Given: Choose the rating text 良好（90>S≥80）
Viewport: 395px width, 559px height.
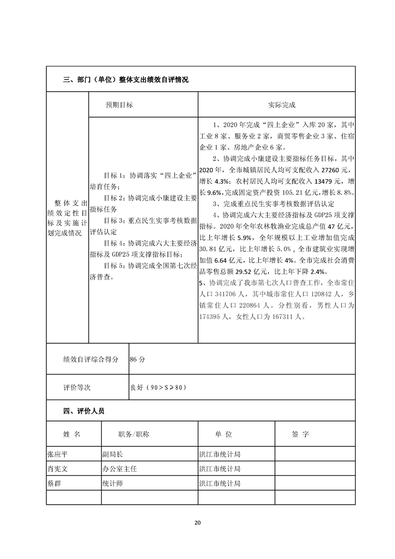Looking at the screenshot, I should (x=159, y=387).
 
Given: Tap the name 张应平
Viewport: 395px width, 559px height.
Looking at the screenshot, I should (x=59, y=454).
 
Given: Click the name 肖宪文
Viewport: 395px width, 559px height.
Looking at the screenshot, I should (x=59, y=469).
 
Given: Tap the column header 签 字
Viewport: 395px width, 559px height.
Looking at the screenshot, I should (x=300, y=434).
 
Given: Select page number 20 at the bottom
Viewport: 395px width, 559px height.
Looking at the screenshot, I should (x=197, y=523).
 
